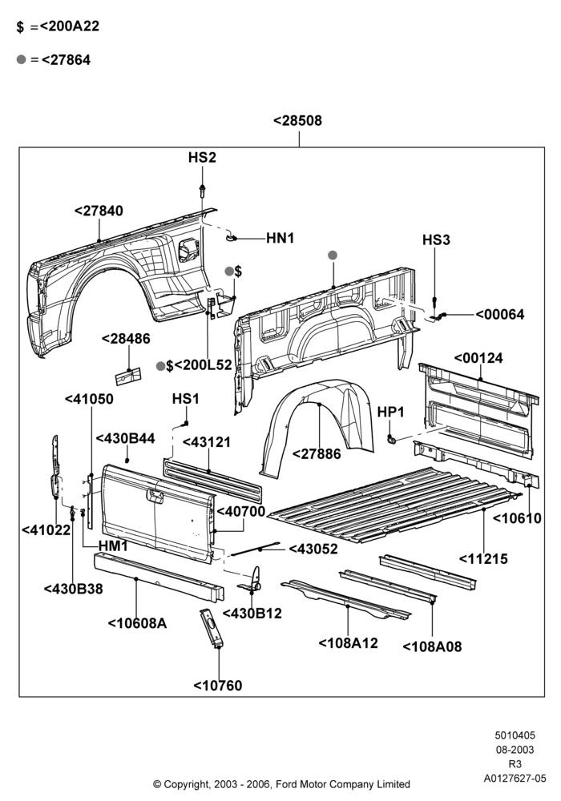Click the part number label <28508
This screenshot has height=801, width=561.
point(298,121)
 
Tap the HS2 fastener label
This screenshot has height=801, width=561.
point(202,157)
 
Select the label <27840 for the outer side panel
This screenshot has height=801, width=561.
point(99,211)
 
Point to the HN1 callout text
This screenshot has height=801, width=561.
point(280,238)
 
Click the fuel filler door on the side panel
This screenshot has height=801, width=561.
point(188,250)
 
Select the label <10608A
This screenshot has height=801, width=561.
point(137,623)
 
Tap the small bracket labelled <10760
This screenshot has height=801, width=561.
point(212,628)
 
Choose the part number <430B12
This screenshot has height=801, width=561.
point(252,613)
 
